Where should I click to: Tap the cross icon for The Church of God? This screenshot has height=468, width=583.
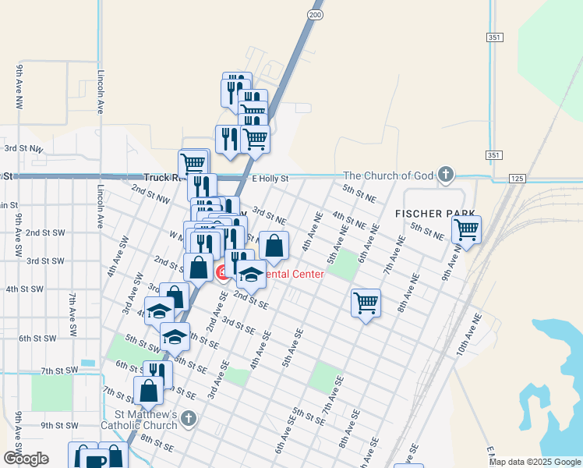(x=445, y=175)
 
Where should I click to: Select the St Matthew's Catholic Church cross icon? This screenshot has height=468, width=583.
(x=188, y=420)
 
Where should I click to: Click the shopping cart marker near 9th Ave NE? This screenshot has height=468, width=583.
(x=466, y=230)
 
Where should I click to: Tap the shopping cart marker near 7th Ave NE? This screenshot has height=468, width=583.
(x=366, y=302)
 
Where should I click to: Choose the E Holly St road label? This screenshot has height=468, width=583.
(x=270, y=179)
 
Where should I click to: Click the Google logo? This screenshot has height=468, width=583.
(x=26, y=459)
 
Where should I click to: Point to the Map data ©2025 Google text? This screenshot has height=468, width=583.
(x=534, y=462)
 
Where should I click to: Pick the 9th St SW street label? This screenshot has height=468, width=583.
(x=59, y=426)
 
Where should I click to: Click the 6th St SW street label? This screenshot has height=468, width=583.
(x=38, y=339)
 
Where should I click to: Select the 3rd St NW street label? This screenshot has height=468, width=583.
(x=23, y=147)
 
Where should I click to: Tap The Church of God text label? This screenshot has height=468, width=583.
(x=388, y=175)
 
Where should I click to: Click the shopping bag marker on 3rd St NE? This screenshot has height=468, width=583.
(x=274, y=246)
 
